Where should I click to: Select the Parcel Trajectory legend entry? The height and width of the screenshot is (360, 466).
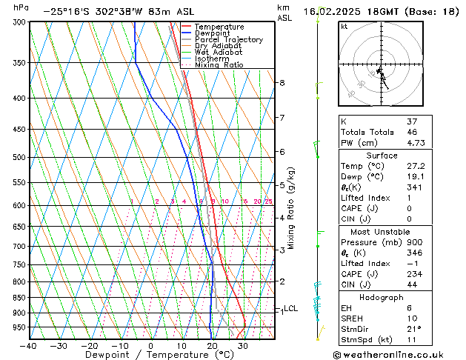point(228,39)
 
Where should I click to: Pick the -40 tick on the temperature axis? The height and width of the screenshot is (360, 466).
point(29,345)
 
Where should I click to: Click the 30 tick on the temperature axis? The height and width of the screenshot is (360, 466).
point(242,345)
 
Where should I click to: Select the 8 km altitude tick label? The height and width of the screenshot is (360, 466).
point(282,83)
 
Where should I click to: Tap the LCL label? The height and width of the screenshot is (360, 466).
point(291,309)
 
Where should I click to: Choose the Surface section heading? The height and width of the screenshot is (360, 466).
point(382,156)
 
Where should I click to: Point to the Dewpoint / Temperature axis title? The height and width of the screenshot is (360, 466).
point(150,356)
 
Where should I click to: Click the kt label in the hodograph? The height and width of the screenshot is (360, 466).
point(344,27)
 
